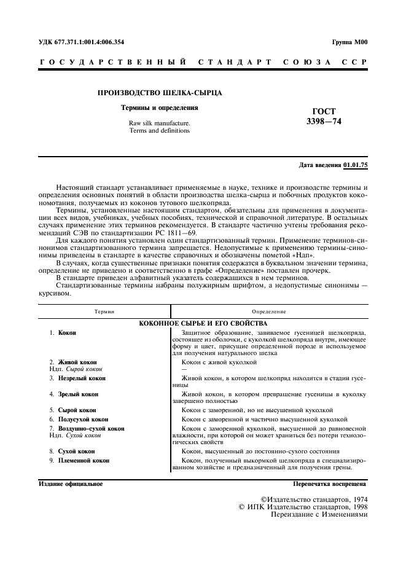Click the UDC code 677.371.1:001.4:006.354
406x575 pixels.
(87, 42)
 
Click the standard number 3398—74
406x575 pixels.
(324, 122)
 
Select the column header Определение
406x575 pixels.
(268, 312)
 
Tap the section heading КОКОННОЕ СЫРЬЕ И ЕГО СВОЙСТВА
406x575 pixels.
(203, 323)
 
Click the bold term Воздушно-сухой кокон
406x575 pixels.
(91, 428)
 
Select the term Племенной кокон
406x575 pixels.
(84, 460)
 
